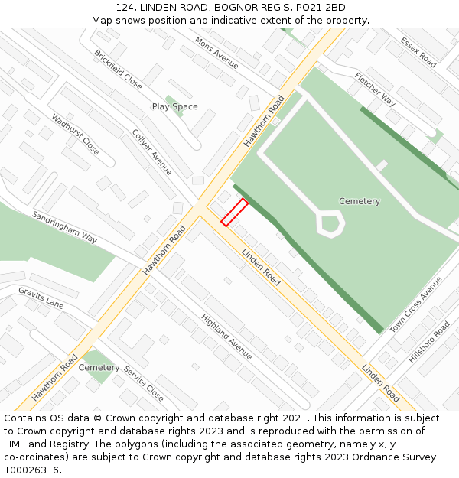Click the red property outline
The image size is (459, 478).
tap(234, 212)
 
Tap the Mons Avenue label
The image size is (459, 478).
tap(216, 51)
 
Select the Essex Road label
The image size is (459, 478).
tap(417, 51)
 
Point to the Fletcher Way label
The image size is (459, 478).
tap(375, 89)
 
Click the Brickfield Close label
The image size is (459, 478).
tap(118, 70)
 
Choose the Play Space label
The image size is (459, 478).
tap(174, 106)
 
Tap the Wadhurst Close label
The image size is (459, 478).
tap(75, 134)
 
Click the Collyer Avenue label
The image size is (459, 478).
tap(152, 152)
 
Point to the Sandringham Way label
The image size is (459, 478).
tap(64, 227)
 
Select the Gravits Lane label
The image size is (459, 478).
tap(41, 298)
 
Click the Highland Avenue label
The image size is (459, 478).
tap(226, 337)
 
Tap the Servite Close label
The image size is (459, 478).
tap(144, 382)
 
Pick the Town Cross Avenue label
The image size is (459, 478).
tap(416, 304)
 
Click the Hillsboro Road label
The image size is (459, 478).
tap(429, 341)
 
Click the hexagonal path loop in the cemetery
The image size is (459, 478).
tap(330, 224)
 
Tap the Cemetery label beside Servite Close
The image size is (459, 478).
tap(99, 368)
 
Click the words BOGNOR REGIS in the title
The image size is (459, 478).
tap(249, 7)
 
